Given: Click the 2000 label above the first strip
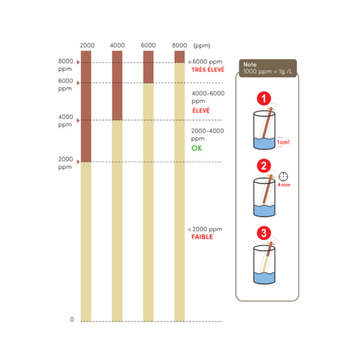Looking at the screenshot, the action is click(x=87, y=45).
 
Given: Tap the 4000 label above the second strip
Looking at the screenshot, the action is click(x=117, y=45).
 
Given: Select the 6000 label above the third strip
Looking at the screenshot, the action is click(x=148, y=45).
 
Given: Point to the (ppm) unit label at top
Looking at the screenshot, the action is click(x=202, y=46).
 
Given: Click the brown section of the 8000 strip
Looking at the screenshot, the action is click(x=179, y=57).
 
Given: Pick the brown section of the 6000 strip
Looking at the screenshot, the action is click(x=148, y=67).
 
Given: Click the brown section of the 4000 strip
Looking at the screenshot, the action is click(x=117, y=85).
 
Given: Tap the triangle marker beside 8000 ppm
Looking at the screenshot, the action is click(x=78, y=62).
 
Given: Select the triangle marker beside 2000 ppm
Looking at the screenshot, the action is click(x=78, y=162).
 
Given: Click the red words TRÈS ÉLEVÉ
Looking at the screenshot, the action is click(x=208, y=70).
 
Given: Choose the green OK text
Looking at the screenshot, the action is click(x=197, y=148).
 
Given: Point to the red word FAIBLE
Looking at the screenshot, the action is click(x=202, y=237).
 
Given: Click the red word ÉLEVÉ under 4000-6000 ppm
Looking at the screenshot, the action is click(x=201, y=110).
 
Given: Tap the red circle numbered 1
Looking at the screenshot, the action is click(x=264, y=98).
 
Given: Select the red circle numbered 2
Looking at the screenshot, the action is click(x=264, y=166).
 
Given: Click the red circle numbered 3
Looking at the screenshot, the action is click(x=264, y=233).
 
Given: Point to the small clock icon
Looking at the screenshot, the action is click(x=283, y=176).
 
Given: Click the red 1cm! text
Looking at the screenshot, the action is click(x=283, y=142).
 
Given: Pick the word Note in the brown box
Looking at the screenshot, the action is click(x=250, y=65).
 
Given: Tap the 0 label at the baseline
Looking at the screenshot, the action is click(x=72, y=319).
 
